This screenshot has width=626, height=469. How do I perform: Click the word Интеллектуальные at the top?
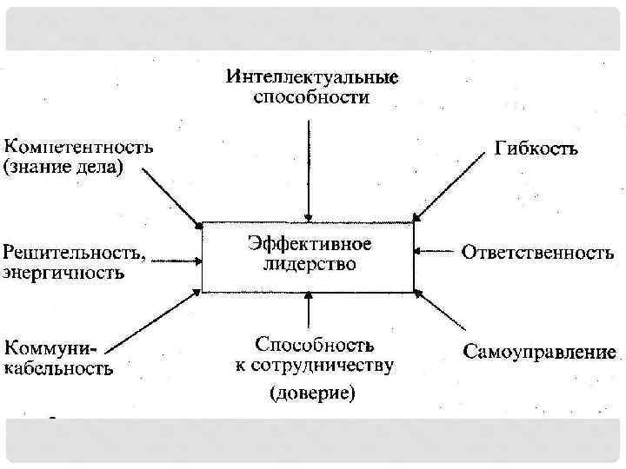(x=312, y=77)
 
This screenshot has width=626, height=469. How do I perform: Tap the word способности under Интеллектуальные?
(x=311, y=97)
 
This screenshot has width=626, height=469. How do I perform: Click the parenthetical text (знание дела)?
(x=65, y=167)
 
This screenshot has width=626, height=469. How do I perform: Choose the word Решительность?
(x=72, y=253)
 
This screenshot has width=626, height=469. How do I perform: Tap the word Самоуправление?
(x=540, y=353)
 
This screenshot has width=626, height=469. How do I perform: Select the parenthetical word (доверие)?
(x=312, y=393)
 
